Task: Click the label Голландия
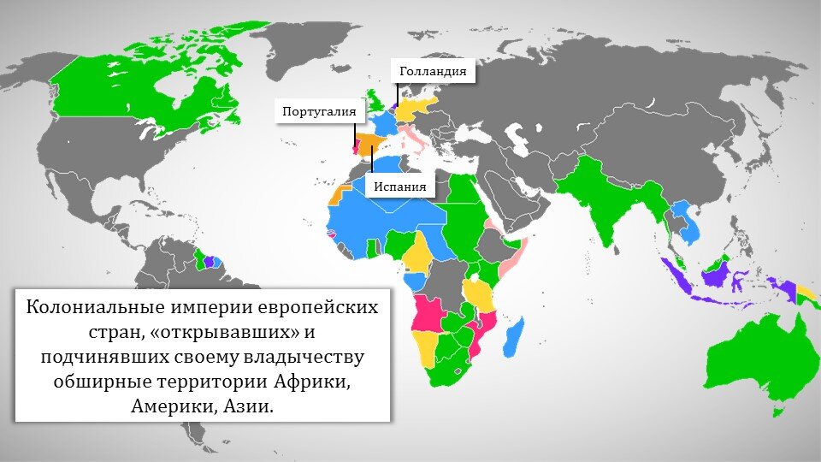(433, 72)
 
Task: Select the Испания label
(399, 186)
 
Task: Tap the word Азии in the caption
(249, 406)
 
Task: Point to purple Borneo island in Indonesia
(714, 275)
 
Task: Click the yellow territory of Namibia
(423, 346)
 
